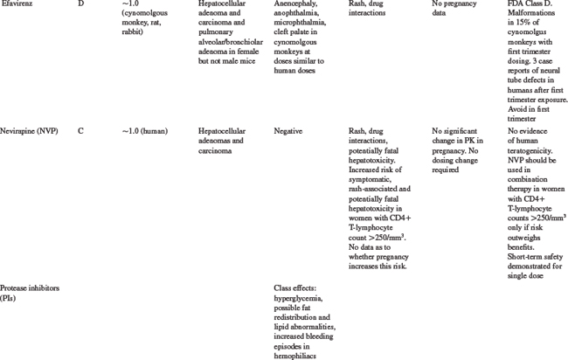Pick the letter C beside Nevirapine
(x=80, y=131)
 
